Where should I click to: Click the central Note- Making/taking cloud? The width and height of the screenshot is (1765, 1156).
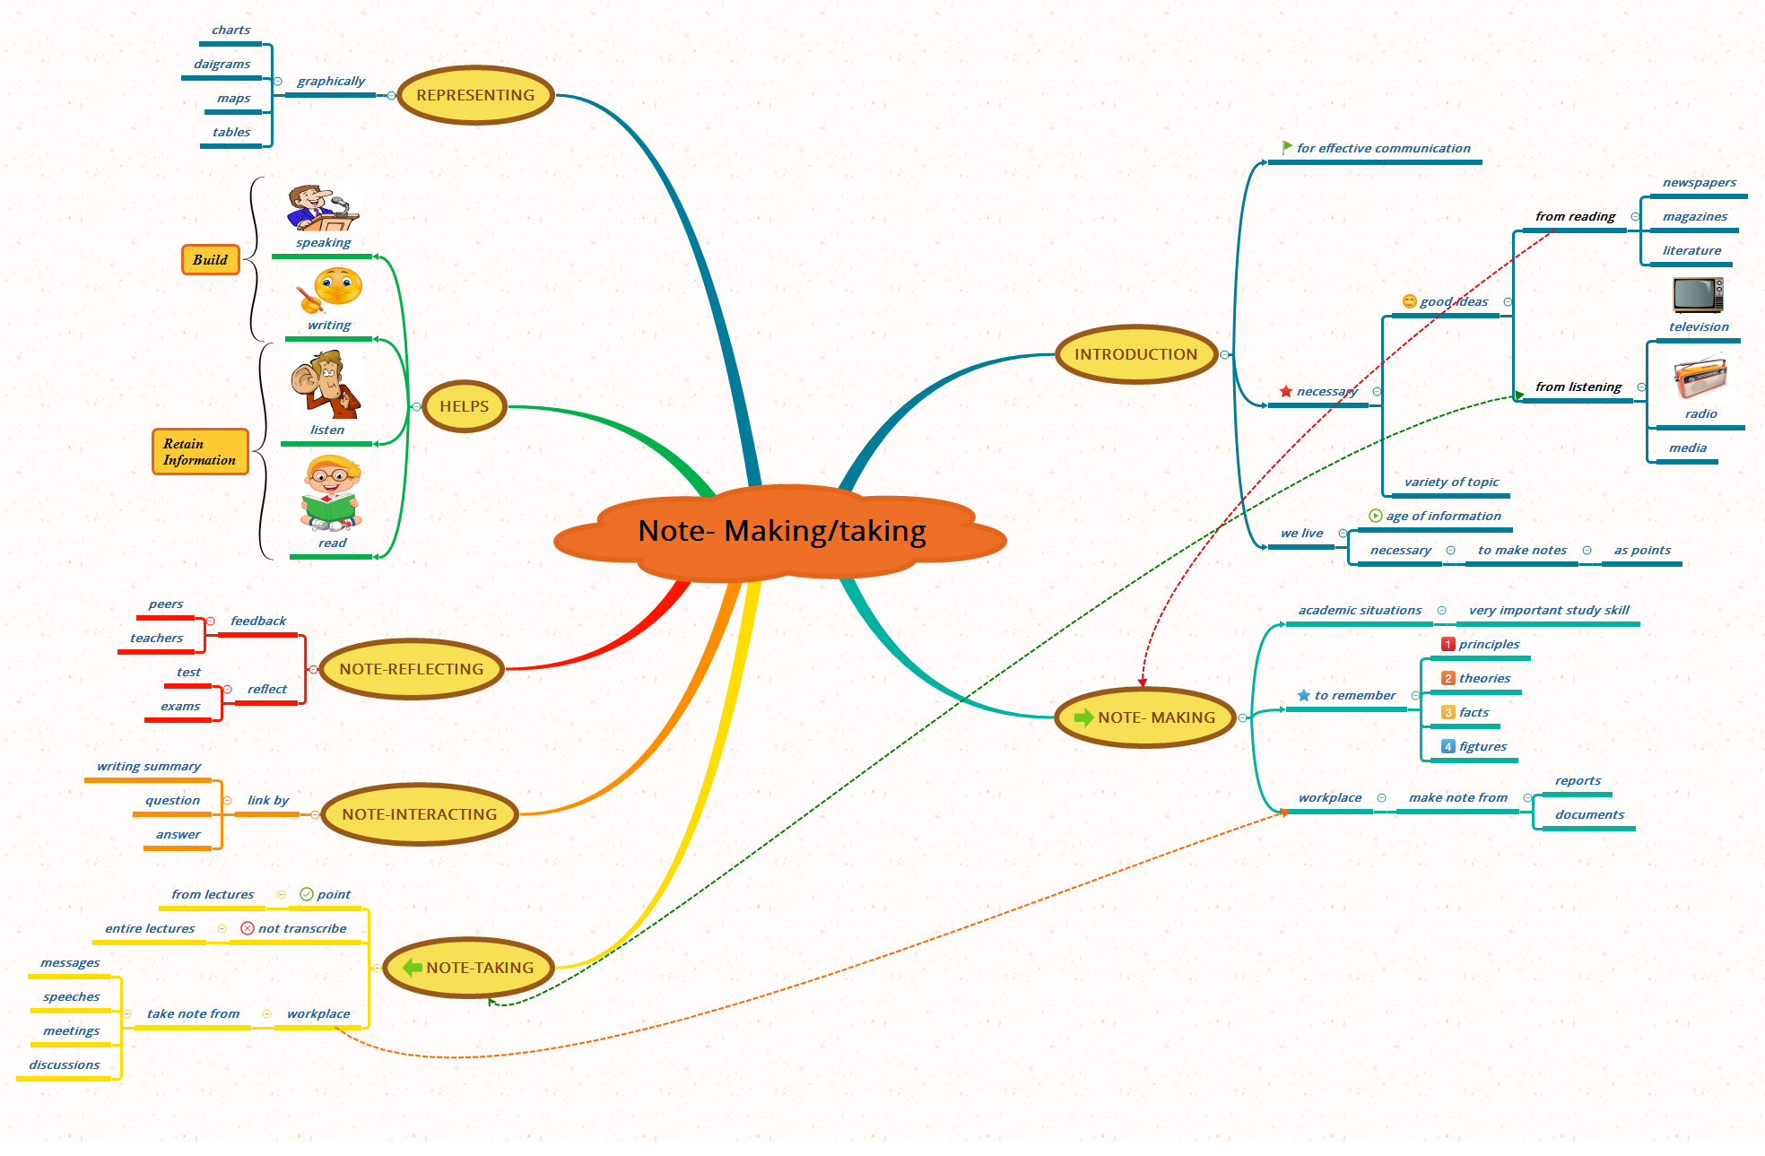pos(780,532)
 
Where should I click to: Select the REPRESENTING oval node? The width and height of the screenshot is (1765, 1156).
pos(475,95)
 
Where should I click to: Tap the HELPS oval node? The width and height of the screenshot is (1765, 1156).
pos(464,406)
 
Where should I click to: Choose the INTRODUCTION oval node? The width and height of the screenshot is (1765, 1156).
pos(1135,354)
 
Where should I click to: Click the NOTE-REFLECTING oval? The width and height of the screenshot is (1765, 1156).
pos(411,669)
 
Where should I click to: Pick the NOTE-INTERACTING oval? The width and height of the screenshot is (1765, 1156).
pos(419,814)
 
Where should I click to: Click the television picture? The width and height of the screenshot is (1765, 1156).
pos(1697,295)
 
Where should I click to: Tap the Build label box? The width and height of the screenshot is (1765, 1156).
pos(211,259)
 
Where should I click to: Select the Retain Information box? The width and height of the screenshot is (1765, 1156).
pos(199,451)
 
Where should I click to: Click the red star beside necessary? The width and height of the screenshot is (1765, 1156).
pos(1286,391)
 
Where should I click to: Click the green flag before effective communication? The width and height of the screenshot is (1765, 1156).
pos(1287,147)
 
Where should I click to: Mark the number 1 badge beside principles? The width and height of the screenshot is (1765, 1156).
pos(1448,644)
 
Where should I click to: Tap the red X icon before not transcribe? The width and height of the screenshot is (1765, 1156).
pos(248,928)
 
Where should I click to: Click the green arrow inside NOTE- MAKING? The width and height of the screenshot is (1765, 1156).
pos(1083,717)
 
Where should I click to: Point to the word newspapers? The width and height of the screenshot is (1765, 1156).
pos(1699,182)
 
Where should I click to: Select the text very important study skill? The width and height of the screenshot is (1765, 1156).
pos(1548,610)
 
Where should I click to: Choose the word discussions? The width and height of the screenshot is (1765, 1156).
pos(64,1065)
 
